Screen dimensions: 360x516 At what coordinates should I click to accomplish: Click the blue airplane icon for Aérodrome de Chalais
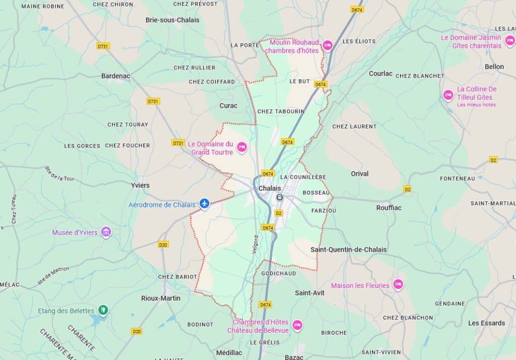(204, 203)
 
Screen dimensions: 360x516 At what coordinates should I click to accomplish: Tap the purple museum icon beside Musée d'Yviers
(106, 232)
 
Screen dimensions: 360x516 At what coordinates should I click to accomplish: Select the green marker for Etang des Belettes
(103, 310)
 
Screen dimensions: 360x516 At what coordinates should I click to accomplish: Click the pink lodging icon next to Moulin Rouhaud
(327, 46)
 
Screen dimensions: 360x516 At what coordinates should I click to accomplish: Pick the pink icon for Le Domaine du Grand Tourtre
(242, 147)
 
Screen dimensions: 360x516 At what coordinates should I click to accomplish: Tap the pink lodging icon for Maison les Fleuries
(398, 285)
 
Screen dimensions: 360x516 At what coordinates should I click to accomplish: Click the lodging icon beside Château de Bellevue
(297, 325)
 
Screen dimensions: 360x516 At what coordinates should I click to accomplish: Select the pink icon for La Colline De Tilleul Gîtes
(448, 95)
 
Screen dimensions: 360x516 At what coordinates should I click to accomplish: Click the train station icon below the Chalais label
(279, 197)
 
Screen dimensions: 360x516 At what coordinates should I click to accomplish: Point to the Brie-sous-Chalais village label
(172, 20)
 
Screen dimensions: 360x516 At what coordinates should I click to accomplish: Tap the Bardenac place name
(115, 76)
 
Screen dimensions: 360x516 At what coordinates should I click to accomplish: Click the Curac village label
(228, 106)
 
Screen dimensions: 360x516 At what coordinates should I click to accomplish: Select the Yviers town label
(140, 185)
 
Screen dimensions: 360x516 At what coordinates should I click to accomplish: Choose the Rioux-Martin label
(161, 298)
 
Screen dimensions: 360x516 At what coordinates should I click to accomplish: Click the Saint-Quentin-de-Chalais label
(348, 250)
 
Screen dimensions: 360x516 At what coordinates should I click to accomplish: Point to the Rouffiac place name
(389, 207)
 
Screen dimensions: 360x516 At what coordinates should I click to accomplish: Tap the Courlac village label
(380, 74)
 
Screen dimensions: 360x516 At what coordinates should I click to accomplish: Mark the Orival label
(359, 174)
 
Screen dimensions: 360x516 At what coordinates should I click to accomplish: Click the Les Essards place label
(486, 323)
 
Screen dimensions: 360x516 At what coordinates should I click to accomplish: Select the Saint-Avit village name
(309, 293)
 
